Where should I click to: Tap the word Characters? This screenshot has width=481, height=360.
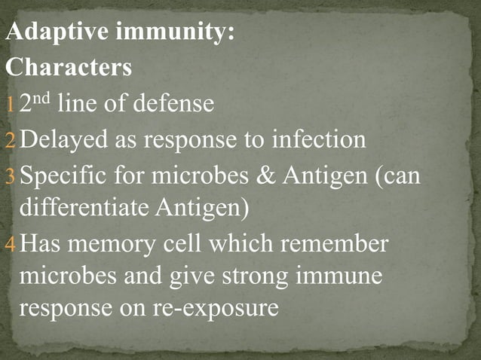point(69,68)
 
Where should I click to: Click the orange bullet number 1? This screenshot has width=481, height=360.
point(10,105)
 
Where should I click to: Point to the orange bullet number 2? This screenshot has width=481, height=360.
point(11,140)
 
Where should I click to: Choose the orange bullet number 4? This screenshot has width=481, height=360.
point(11,245)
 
